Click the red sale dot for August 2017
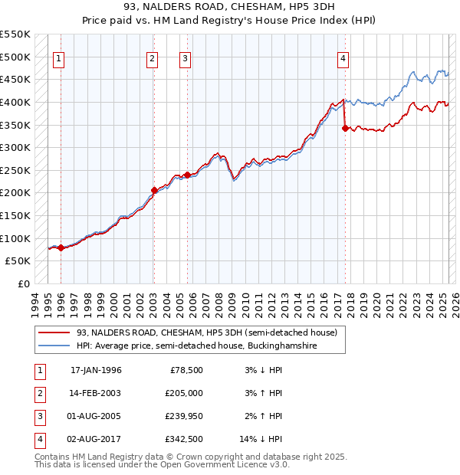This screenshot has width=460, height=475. [345, 128]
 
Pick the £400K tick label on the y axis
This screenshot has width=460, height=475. [15, 102]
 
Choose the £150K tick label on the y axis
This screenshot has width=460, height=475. [15, 215]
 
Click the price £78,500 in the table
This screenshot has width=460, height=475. [186, 370]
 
